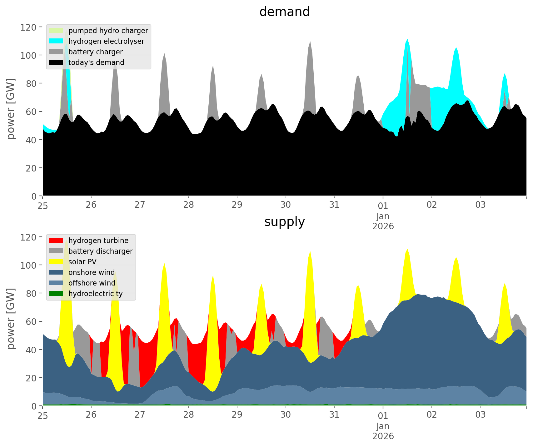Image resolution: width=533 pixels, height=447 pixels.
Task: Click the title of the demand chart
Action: [x=284, y=12]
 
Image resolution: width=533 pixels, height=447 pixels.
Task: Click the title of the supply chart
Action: [x=284, y=222]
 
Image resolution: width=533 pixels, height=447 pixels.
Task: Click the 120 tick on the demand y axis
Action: [x=29, y=27]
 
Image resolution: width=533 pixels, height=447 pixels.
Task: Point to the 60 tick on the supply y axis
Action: [x=32, y=321]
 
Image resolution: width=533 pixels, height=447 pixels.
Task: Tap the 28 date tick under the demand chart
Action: [x=188, y=205]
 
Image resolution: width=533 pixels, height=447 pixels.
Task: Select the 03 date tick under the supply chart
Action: [x=480, y=415]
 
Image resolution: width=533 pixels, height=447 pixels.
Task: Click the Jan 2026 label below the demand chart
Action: [x=383, y=221]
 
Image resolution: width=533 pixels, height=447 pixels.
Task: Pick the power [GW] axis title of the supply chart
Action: [x=11, y=319]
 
